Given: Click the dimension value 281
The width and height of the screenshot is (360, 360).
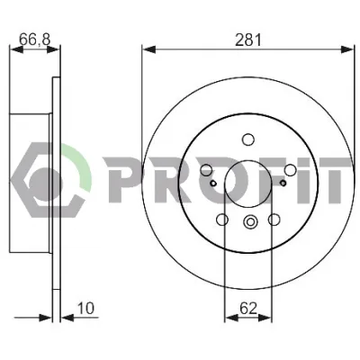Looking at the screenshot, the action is point(248,40).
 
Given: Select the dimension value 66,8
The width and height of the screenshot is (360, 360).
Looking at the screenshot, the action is point(34,39).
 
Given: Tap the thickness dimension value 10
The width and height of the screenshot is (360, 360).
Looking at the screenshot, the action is point(86,308).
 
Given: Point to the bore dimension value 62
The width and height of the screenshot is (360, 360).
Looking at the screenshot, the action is point(248,309).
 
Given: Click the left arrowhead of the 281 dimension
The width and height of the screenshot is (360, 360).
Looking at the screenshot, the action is point(148,49).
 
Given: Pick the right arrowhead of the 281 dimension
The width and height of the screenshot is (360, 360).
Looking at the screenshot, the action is point(348,49).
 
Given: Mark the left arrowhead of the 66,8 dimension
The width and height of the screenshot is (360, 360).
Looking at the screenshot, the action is point(16,49).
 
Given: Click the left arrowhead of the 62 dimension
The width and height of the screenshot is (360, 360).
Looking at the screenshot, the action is point(231,318).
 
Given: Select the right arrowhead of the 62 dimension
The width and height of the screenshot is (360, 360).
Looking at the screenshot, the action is point(265,318).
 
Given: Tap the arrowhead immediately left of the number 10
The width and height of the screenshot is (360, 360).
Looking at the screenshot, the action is point(67,318).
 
